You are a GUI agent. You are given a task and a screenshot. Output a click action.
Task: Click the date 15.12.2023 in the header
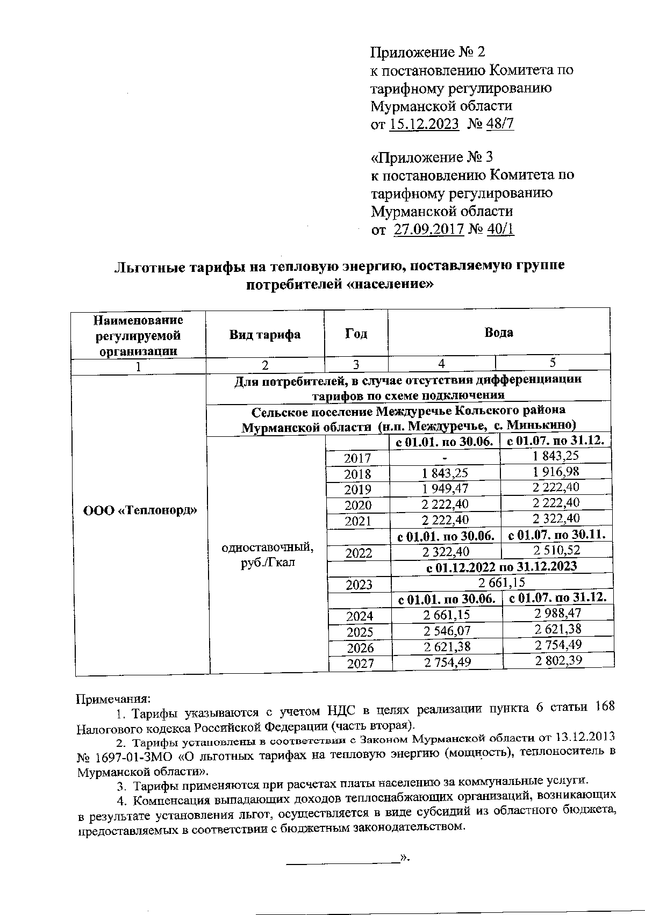424,124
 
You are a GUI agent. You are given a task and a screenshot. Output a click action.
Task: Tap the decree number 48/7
499,124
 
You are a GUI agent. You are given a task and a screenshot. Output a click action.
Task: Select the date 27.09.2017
428,229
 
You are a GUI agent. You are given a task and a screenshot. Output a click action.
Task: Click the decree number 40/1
500,229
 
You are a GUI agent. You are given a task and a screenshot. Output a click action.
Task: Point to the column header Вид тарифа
265,334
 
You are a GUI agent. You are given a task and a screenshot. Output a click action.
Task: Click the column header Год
356,334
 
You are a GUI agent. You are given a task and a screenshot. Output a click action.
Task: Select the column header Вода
498,332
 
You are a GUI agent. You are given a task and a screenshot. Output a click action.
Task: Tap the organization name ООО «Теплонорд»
140,510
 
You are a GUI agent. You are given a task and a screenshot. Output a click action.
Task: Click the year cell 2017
357,458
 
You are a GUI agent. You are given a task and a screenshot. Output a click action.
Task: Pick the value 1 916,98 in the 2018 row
556,472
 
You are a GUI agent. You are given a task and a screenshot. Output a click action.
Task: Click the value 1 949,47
445,488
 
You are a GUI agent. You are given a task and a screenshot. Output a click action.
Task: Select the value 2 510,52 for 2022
557,550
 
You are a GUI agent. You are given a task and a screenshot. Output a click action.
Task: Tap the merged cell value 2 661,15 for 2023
501,582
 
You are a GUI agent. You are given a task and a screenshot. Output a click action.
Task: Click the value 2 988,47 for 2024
558,613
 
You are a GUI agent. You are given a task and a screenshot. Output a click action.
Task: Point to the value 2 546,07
447,630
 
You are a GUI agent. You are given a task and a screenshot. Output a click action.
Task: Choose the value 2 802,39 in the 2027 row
558,661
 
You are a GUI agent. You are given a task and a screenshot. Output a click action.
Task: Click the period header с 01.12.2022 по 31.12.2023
501,566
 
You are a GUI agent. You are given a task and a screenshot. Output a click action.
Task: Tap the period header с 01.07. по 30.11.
557,535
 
